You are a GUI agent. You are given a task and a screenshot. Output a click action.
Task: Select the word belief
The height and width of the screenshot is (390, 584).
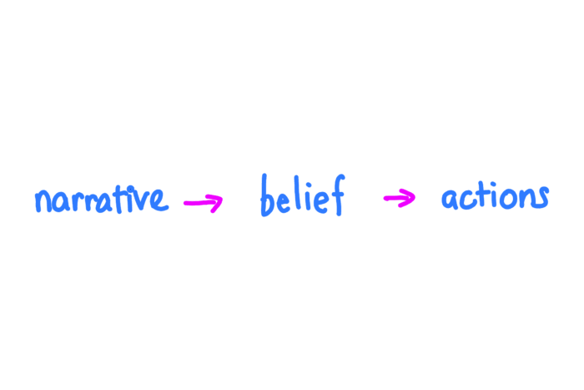click(303, 195)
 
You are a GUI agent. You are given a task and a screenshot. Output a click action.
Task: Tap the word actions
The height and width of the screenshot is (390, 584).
click(495, 195)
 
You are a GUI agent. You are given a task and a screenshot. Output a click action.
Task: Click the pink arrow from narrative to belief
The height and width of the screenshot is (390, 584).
click(203, 203)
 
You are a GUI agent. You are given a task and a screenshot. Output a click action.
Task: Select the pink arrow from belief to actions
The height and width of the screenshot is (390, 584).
click(400, 198)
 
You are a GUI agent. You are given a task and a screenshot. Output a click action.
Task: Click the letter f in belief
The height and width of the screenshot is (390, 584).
click(337, 195)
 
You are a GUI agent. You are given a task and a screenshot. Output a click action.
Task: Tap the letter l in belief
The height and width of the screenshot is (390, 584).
click(298, 192)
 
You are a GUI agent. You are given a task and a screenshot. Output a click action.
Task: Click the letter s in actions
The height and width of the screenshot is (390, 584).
click(541, 197)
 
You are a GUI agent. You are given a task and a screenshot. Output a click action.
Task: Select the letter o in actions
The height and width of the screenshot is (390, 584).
click(507, 199)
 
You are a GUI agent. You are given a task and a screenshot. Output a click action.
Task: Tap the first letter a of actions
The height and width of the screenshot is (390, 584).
click(450, 199)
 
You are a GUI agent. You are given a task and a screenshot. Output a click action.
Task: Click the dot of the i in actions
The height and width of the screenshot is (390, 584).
click(494, 185)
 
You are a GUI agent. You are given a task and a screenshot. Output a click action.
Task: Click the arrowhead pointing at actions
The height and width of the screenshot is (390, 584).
click(408, 198)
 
